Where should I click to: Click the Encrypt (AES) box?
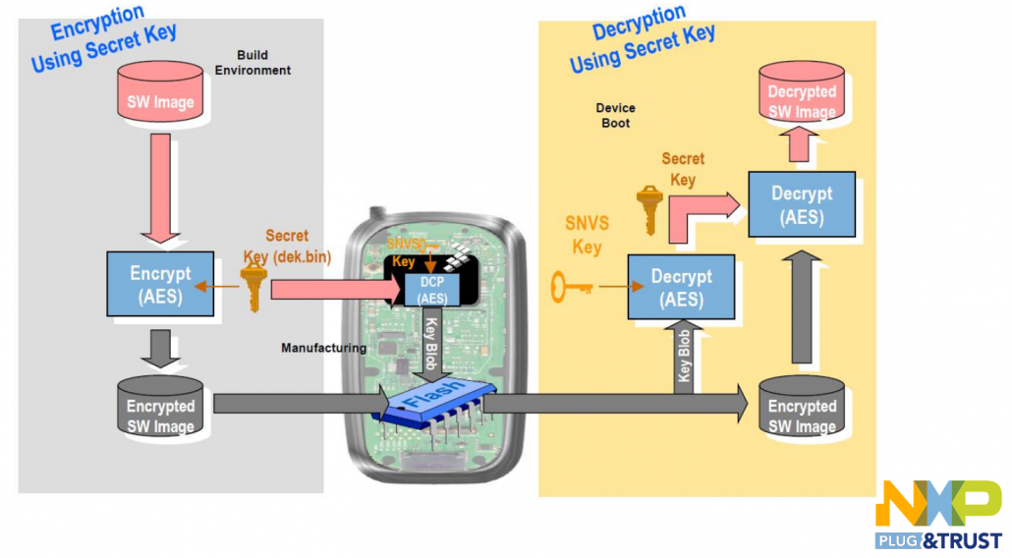click(x=160, y=284)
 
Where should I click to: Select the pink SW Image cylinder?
click(x=160, y=91)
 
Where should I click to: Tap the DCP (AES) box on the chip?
click(x=431, y=290)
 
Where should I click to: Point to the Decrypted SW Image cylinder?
click(x=802, y=91)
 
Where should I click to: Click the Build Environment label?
click(x=253, y=63)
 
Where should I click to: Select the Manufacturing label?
click(x=323, y=349)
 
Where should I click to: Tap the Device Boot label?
click(x=615, y=116)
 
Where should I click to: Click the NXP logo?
click(x=938, y=514)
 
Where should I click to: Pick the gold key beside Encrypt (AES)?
click(x=253, y=287)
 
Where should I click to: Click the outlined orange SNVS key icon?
click(x=572, y=287)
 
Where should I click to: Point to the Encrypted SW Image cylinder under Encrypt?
click(x=160, y=407)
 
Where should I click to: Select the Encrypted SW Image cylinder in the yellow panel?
click(x=802, y=407)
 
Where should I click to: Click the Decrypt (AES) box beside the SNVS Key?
click(x=681, y=287)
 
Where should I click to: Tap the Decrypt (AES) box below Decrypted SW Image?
click(x=802, y=204)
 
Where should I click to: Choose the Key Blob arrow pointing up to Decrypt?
click(x=684, y=357)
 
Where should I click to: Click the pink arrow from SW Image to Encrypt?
click(x=160, y=189)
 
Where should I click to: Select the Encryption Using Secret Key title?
click(x=103, y=38)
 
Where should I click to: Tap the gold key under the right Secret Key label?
click(x=649, y=210)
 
